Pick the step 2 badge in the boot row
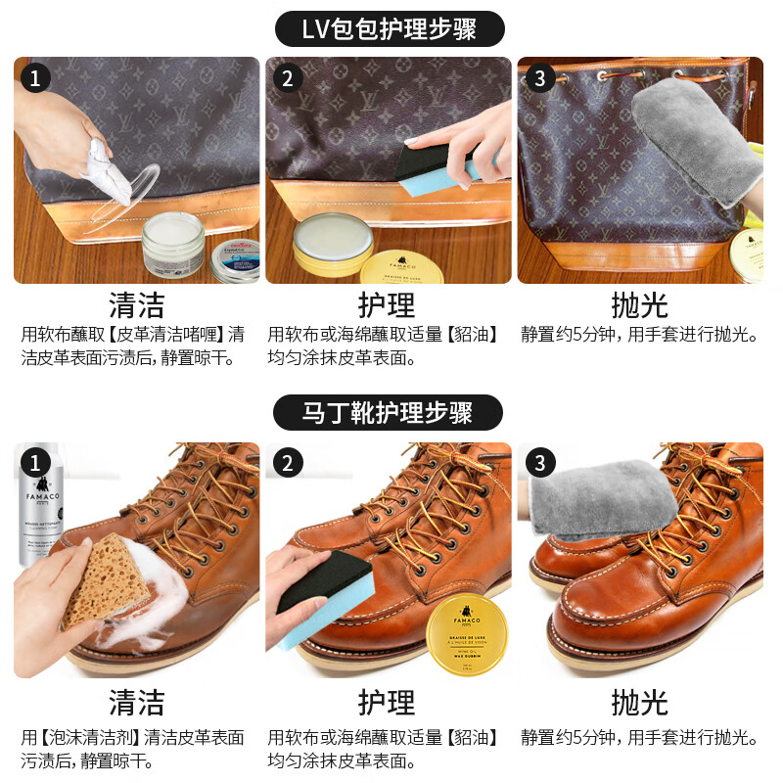288,462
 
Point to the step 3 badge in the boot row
539,462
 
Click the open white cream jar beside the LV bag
173,245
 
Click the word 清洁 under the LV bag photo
136,303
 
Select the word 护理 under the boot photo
387,702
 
